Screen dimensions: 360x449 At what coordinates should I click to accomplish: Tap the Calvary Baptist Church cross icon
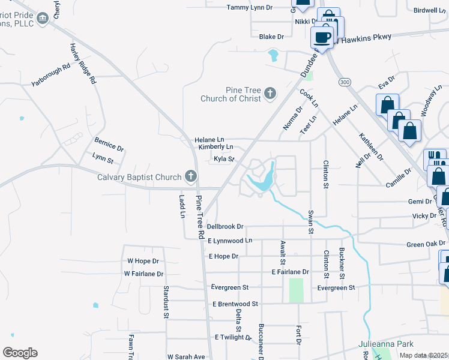pyautogui.click(x=191, y=176)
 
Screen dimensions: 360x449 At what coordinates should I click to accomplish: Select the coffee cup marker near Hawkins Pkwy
pyautogui.click(x=322, y=37)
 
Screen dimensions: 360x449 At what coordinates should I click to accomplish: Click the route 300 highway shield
pyautogui.click(x=344, y=82)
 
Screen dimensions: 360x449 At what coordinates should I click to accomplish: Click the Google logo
pyautogui.click(x=20, y=353)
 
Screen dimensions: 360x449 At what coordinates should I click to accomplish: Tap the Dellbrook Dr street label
pyautogui.click(x=225, y=227)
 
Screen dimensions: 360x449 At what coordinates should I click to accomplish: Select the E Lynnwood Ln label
pyautogui.click(x=231, y=241)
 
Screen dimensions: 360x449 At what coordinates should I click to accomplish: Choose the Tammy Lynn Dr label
pyautogui.click(x=250, y=8)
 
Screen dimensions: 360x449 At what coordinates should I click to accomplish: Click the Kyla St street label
pyautogui.click(x=223, y=160)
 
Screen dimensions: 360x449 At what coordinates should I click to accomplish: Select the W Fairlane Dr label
pyautogui.click(x=143, y=274)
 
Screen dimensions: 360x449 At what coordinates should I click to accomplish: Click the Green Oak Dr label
pyautogui.click(x=426, y=244)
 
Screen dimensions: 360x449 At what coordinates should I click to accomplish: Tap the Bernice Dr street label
pyautogui.click(x=109, y=144)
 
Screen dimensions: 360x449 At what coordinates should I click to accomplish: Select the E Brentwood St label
pyautogui.click(x=235, y=304)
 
